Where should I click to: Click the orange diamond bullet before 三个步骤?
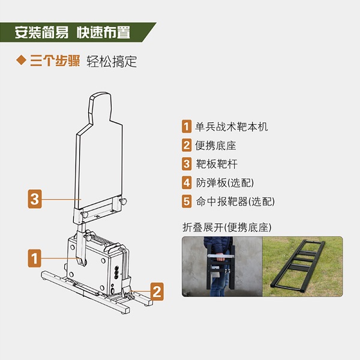point(20,61)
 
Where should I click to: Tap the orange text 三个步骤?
point(55,61)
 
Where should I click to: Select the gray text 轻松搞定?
point(112,61)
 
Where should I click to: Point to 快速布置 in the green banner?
point(103,32)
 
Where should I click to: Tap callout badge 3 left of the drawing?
point(35,199)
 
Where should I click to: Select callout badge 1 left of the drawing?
point(35,259)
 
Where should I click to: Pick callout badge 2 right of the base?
point(156,292)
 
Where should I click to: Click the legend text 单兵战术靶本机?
point(231,127)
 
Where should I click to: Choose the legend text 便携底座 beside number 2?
point(215,145)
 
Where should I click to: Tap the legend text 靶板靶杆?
point(215,164)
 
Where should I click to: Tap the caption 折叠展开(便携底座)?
point(228,227)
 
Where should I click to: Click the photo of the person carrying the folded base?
point(221,266)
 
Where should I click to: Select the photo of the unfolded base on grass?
point(303,266)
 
